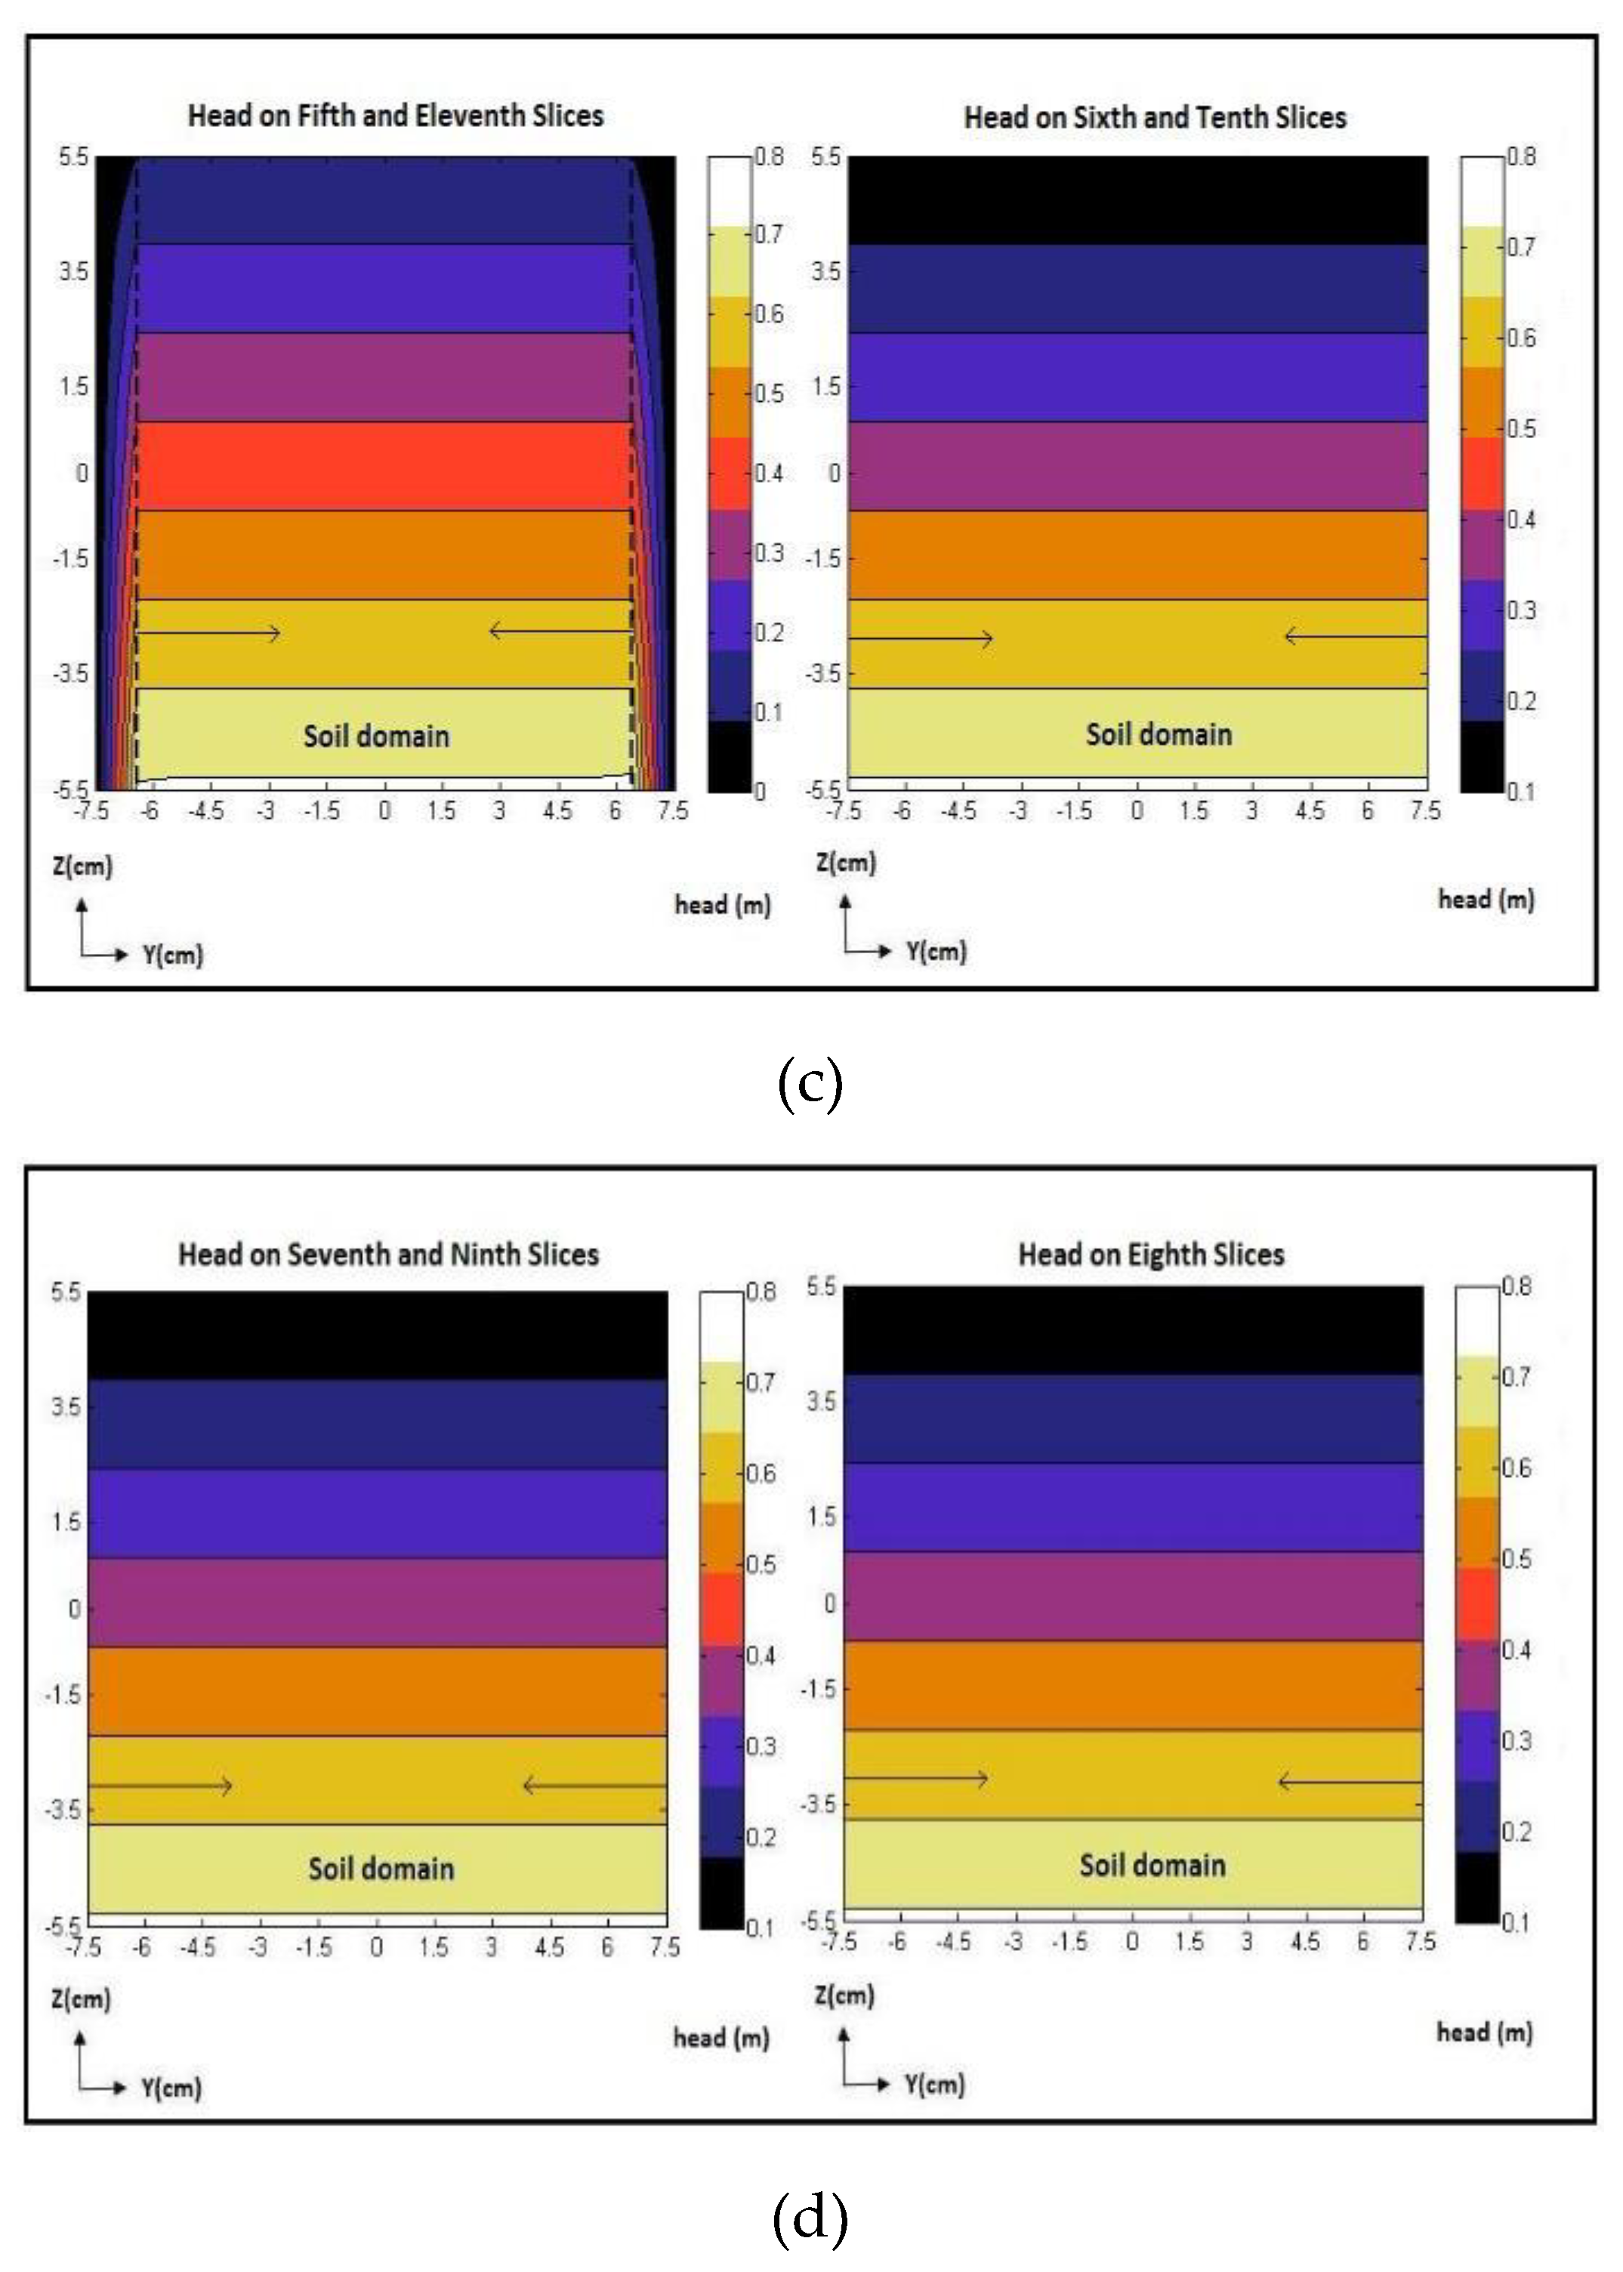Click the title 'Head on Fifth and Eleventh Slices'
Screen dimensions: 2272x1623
(x=396, y=116)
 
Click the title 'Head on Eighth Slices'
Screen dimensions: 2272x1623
(x=1150, y=1255)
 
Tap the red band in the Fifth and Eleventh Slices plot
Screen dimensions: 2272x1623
(x=384, y=466)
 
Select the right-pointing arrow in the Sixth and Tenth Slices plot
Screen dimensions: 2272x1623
(x=921, y=637)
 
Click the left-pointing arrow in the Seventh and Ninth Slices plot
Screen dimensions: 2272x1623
(x=594, y=1786)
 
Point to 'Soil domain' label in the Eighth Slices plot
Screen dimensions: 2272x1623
(x=1152, y=1865)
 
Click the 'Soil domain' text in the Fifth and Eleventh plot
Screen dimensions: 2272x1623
(x=377, y=736)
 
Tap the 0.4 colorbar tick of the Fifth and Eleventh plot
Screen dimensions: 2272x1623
(x=767, y=473)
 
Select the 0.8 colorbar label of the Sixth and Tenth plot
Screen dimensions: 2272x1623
(x=1521, y=157)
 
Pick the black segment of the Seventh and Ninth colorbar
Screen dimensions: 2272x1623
(x=720, y=1892)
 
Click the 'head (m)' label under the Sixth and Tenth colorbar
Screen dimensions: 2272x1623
(x=1485, y=900)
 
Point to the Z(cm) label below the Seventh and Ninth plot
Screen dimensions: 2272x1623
(x=81, y=1999)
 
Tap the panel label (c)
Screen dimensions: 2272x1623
(x=810, y=1084)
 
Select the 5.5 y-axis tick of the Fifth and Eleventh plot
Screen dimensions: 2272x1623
(x=73, y=157)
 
